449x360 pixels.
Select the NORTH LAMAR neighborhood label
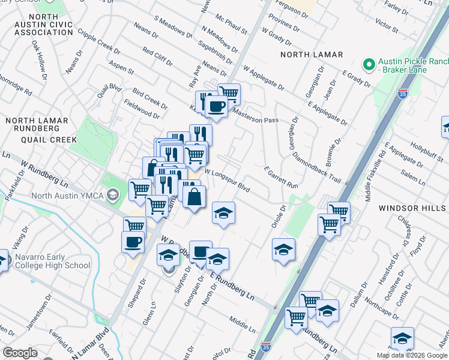(313, 55)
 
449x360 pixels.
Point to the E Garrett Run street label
(281, 178)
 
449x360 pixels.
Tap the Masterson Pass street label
(255, 116)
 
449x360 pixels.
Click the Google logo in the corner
(20, 353)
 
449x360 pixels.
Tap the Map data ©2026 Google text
(411, 355)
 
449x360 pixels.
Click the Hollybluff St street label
(426, 151)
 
